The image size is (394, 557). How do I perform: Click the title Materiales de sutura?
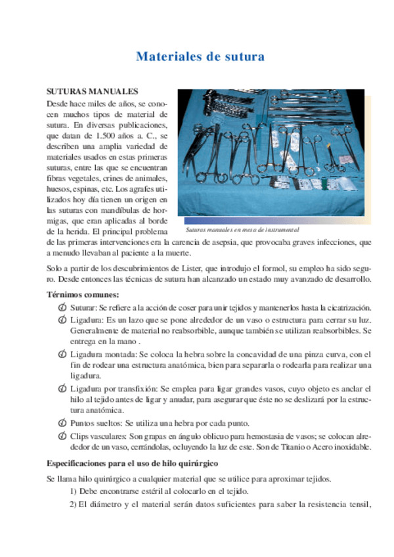(x=200, y=57)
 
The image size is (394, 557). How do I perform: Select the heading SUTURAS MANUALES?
(x=91, y=92)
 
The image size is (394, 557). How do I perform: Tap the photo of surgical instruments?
(x=271, y=152)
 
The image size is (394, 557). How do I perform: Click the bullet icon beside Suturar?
(x=62, y=307)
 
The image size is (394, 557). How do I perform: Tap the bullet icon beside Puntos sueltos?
(x=62, y=422)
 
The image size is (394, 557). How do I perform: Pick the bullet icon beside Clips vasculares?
(x=62, y=437)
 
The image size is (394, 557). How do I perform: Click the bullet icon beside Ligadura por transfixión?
(x=62, y=390)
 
